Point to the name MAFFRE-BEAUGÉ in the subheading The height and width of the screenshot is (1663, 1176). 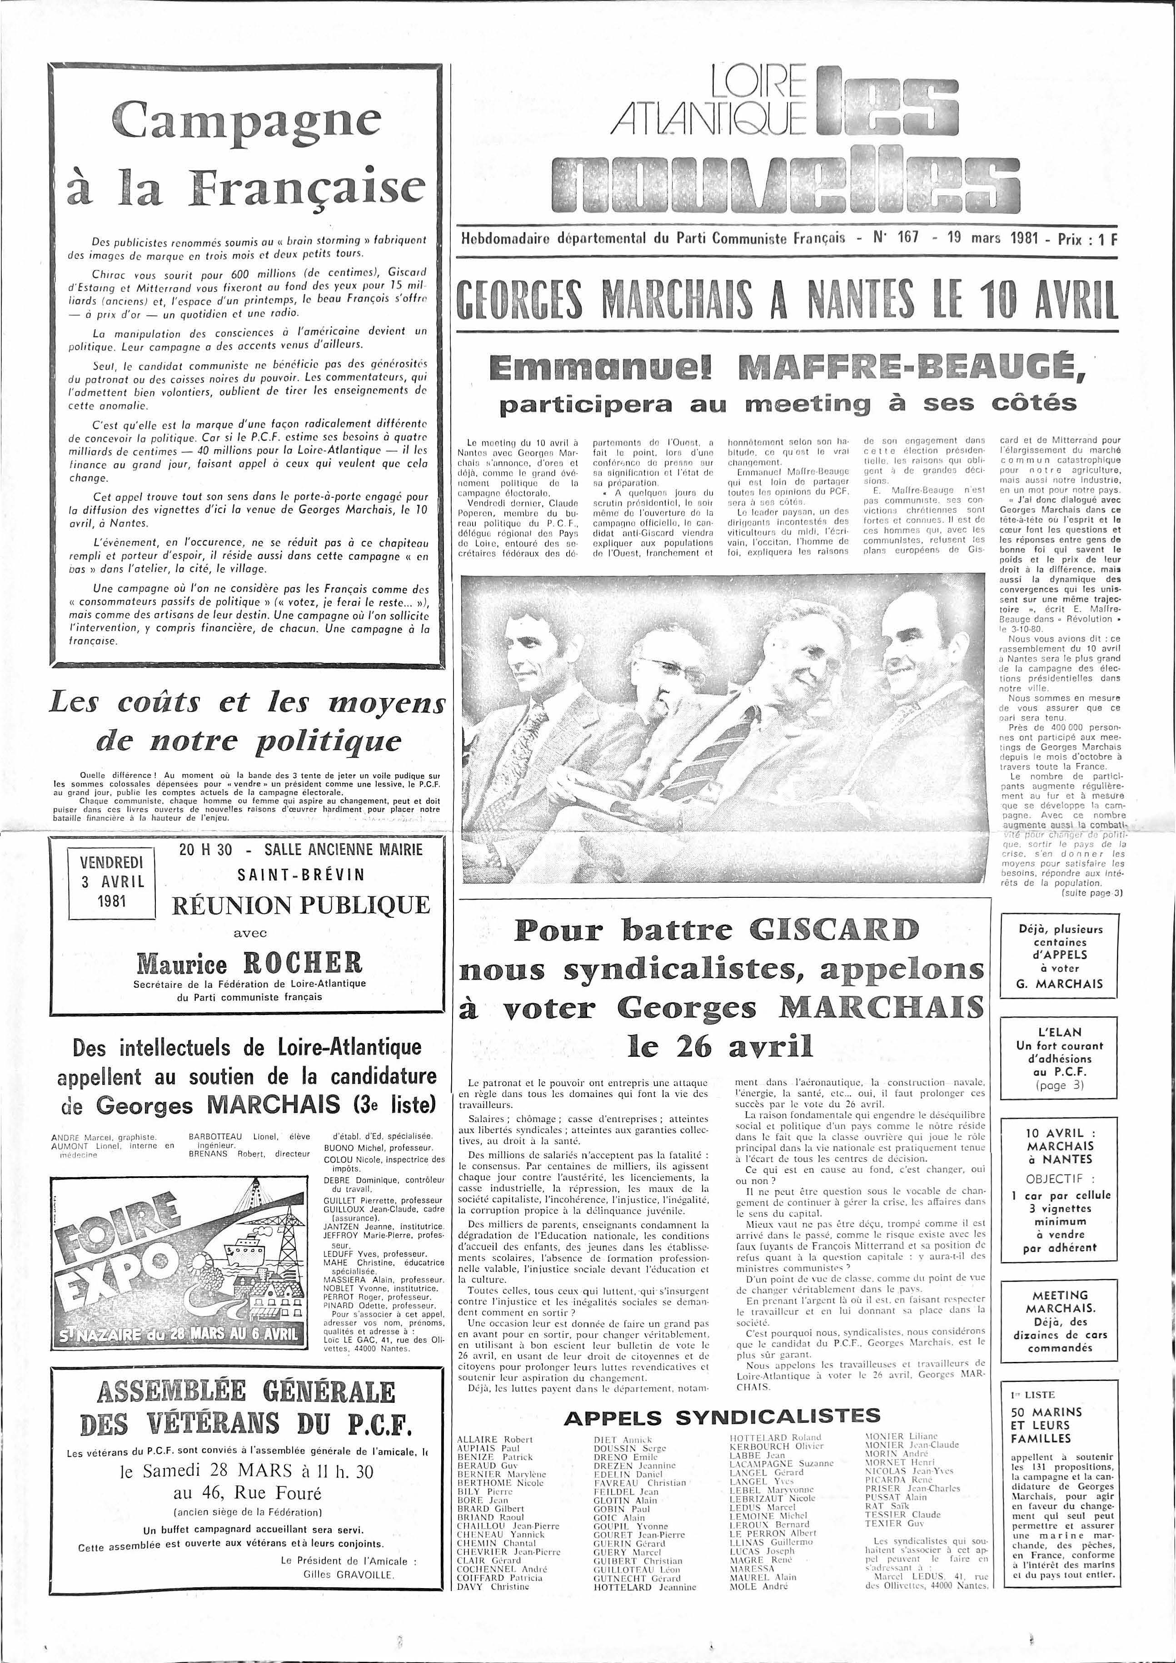[x=912, y=369]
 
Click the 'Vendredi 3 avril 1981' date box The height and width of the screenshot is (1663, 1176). [x=112, y=881]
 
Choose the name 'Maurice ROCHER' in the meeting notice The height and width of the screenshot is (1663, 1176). [x=249, y=963]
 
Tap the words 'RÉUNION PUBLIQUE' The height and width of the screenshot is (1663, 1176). [x=301, y=906]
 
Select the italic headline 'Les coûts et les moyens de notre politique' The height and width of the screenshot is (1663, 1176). [x=246, y=722]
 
